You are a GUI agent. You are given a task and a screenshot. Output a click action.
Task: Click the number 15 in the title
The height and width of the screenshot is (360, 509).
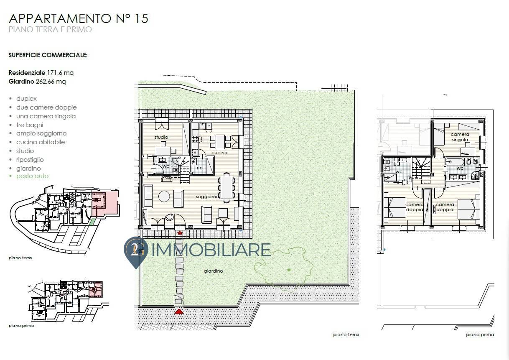(141, 18)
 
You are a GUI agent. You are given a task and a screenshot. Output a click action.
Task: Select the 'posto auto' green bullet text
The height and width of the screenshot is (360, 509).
(32, 176)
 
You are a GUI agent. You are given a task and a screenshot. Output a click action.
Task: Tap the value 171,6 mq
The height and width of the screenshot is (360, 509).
(60, 73)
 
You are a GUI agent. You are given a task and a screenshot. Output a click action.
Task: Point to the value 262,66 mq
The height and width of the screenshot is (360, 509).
(51, 82)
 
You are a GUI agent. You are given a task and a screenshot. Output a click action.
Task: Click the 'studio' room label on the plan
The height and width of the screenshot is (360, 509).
(161, 137)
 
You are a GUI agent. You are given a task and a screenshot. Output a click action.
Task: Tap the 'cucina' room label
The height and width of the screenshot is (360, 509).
(219, 153)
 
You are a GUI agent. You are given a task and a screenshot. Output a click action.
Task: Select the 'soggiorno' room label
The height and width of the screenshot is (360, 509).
(207, 197)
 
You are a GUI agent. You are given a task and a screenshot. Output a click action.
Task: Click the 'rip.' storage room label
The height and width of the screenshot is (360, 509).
(200, 168)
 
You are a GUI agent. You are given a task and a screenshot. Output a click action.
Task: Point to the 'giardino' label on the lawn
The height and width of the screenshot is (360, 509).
(214, 271)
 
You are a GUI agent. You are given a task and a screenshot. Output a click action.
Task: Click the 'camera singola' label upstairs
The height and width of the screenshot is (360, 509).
(460, 137)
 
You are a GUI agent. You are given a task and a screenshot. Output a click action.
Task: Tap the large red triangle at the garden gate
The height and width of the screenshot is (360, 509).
(179, 311)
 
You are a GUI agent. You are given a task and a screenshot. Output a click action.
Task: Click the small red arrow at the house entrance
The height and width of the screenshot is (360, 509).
(180, 232)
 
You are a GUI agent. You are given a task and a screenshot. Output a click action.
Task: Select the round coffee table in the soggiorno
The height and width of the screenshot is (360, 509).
(164, 196)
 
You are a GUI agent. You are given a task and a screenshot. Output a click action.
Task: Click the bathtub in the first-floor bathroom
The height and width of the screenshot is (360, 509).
(455, 162)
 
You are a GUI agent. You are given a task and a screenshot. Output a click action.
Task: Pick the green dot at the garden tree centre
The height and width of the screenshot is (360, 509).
(289, 270)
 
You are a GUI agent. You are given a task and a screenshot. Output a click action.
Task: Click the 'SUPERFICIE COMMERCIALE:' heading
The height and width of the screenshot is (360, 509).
(48, 55)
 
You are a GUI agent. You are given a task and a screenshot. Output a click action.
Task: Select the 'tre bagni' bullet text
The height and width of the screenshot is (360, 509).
(30, 125)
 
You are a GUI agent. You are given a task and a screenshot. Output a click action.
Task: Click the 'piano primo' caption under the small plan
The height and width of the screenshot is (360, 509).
(21, 326)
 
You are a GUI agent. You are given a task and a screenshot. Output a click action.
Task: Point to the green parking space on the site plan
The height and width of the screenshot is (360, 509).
(93, 222)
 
